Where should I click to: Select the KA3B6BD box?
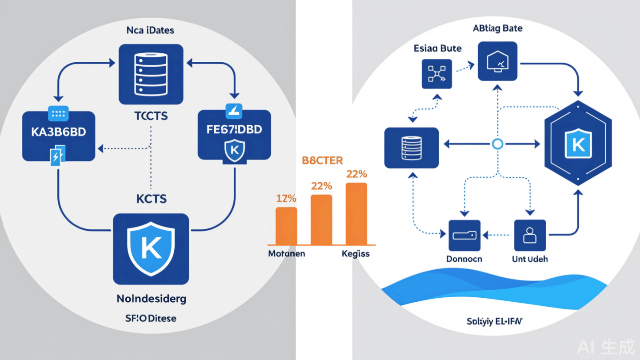click(59, 136)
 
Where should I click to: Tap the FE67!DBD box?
click(234, 135)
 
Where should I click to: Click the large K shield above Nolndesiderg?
click(151, 248)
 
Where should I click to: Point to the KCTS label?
click(152, 199)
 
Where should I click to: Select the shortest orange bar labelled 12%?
click(286, 225)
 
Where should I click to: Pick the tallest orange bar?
click(356, 213)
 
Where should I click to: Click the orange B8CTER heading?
click(322, 161)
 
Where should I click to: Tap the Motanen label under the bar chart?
click(286, 254)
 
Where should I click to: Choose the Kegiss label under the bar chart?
click(356, 254)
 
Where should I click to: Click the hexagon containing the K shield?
click(578, 143)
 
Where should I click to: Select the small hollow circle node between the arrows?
click(497, 144)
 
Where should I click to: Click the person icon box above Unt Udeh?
click(529, 236)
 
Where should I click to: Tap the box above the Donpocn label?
click(464, 236)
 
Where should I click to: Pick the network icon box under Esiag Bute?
click(436, 74)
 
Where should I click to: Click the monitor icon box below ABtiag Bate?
click(497, 61)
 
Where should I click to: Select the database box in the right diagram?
click(411, 148)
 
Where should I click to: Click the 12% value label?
click(286, 199)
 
